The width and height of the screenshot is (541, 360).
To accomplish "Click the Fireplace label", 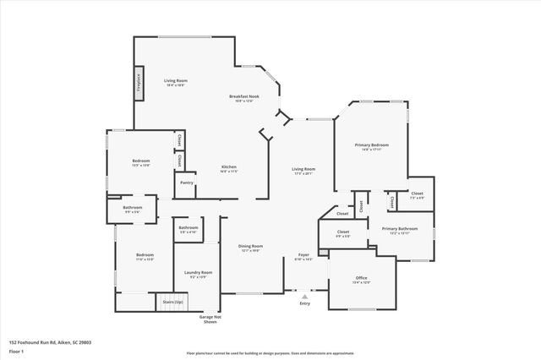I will tap(137, 82).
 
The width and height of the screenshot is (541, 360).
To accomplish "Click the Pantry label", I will tap(185, 183).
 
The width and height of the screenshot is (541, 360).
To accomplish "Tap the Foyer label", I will tap(303, 255).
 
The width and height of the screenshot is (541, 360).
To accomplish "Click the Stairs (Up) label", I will tap(169, 301).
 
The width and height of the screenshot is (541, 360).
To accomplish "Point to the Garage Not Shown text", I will tap(209, 319).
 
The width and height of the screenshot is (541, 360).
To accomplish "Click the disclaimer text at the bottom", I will tap(270, 352).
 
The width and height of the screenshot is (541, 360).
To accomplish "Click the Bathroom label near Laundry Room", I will tap(188, 227).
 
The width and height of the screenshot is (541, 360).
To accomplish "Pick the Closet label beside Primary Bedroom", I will tap(417, 194).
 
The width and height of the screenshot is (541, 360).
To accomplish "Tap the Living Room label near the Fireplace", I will tap(175, 80).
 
